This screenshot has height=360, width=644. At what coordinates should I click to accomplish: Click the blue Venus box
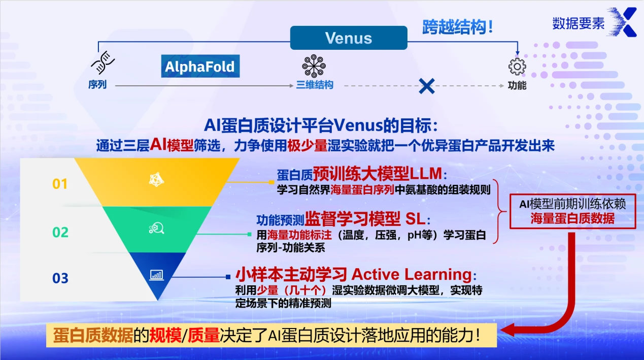(x=349, y=38)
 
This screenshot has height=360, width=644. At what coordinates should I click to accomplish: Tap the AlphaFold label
(x=200, y=67)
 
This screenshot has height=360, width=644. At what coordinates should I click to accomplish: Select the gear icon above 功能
(x=517, y=67)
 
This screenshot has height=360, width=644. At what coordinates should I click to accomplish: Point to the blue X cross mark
(x=426, y=86)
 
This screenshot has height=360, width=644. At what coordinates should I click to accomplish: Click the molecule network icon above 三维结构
(x=314, y=66)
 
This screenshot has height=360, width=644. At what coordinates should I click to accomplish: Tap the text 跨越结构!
(x=458, y=27)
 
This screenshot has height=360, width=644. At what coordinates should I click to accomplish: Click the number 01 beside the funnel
(x=60, y=184)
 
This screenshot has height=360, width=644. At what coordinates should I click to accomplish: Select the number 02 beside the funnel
(x=60, y=233)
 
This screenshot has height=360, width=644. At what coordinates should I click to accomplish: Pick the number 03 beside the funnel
(x=60, y=278)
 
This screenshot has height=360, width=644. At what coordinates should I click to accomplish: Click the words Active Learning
(x=412, y=275)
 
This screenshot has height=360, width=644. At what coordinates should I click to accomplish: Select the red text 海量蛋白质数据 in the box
(x=572, y=219)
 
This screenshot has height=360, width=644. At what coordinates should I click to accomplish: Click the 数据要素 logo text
(x=578, y=23)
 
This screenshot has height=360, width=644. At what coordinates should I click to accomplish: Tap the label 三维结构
(x=315, y=85)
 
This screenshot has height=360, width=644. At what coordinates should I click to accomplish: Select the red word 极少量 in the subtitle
(x=307, y=146)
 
